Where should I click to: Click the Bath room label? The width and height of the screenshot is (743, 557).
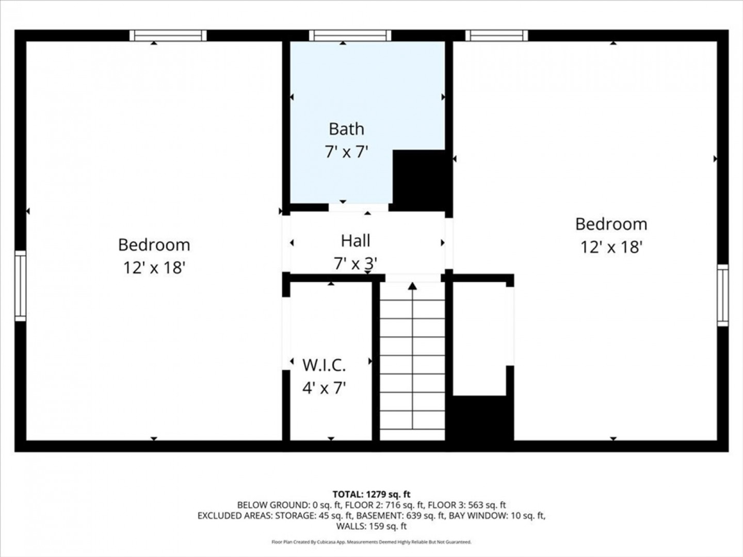click(346, 129)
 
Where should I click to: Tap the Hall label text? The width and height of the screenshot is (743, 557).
click(356, 241)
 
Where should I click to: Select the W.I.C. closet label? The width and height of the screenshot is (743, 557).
click(324, 365)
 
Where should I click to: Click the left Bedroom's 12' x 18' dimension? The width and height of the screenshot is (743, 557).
click(154, 268)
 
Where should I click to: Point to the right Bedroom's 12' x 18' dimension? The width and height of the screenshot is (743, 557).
click(611, 247)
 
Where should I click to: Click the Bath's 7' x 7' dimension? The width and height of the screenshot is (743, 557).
click(346, 152)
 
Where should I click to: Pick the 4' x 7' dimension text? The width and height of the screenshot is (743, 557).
click(324, 387)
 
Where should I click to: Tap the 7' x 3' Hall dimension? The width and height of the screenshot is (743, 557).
click(356, 264)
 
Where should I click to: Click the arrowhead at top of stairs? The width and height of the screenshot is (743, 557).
click(412, 286)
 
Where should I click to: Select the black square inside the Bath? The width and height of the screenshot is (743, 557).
click(422, 181)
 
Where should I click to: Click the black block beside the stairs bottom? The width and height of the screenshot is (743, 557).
click(479, 418)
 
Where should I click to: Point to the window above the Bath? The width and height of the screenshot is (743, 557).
click(350, 36)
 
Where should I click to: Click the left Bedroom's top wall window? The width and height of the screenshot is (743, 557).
click(168, 36)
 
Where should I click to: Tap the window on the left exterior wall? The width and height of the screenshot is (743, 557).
click(20, 286)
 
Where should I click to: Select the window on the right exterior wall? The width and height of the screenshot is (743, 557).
click(723, 295)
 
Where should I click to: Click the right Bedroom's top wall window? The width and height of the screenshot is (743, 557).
click(496, 36)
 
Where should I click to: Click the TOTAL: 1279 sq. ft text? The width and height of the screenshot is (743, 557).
click(372, 495)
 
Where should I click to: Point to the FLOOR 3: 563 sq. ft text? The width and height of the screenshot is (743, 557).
click(467, 505)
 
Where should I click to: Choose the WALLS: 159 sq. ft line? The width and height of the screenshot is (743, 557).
click(372, 526)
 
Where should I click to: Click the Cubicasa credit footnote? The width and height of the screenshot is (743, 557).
click(372, 542)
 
